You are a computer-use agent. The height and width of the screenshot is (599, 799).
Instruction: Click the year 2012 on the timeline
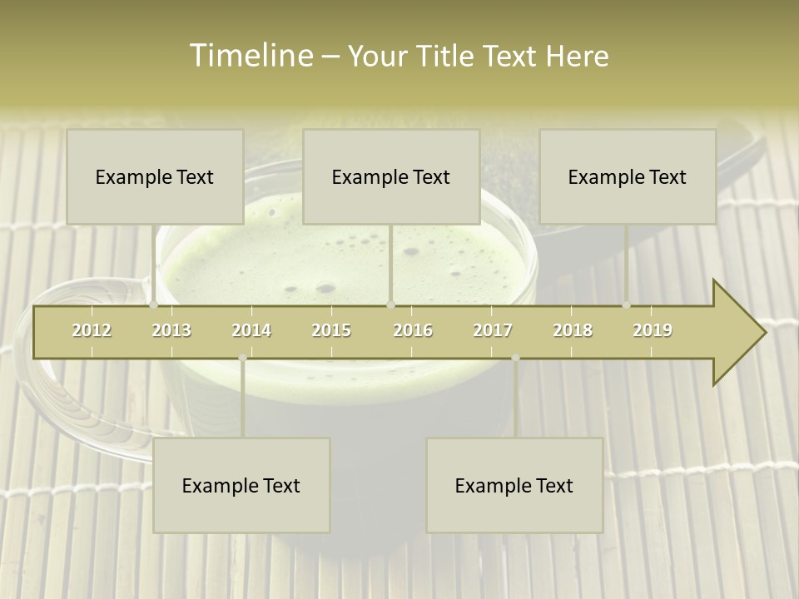92,330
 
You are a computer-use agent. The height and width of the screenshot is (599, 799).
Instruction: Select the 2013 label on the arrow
171,330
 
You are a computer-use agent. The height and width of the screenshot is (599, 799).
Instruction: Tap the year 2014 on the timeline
251,330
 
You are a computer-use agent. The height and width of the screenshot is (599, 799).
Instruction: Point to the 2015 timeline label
331,330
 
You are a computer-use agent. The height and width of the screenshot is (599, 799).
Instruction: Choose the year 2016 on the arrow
413,330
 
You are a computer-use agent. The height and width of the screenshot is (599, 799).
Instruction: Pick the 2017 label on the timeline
493,330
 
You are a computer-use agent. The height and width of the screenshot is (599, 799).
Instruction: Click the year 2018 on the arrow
573,330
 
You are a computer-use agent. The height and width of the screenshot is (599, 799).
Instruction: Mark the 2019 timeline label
653,330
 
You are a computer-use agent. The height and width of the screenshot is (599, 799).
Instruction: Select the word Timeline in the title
251,56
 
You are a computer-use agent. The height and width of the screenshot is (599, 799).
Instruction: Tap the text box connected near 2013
155,176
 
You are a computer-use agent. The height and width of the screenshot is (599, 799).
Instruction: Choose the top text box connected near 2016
391,176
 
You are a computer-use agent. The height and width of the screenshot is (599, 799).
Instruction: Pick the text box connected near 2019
628,176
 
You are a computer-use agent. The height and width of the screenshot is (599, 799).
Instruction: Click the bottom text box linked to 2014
241,485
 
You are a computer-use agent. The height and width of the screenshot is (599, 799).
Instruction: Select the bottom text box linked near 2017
514,485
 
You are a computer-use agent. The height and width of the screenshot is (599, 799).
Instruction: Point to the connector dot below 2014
242,358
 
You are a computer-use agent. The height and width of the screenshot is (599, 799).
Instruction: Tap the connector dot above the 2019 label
627,305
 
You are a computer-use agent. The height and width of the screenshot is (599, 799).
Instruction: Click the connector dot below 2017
515,358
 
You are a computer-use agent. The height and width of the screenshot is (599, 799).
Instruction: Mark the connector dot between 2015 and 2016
391,305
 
